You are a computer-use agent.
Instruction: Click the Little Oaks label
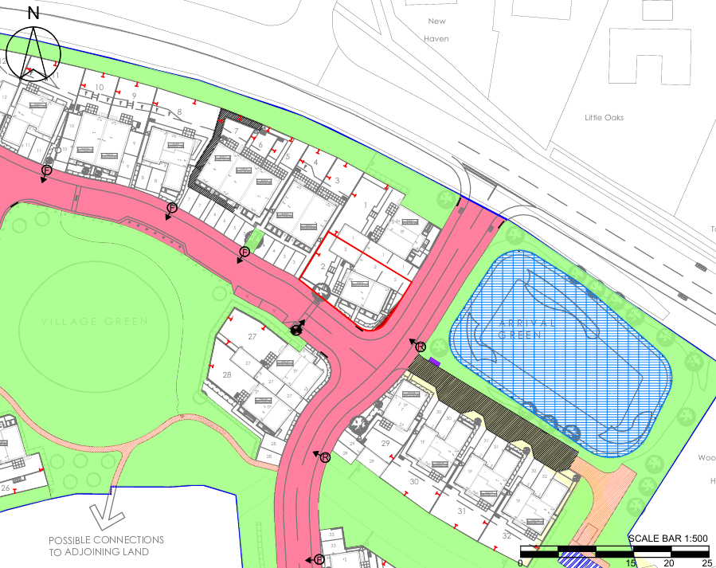(x=604, y=118)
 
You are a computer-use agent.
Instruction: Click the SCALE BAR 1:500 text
(x=668, y=539)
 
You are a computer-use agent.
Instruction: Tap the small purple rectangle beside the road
(x=434, y=362)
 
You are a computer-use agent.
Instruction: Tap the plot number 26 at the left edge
(x=6, y=488)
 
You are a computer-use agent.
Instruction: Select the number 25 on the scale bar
(x=707, y=562)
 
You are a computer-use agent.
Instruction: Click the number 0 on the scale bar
(x=520, y=562)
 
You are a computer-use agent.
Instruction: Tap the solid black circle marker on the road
(x=296, y=328)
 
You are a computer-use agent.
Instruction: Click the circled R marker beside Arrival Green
(x=420, y=347)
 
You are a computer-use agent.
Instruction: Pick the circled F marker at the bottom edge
(x=319, y=560)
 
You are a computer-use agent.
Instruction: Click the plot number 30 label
(x=414, y=481)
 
